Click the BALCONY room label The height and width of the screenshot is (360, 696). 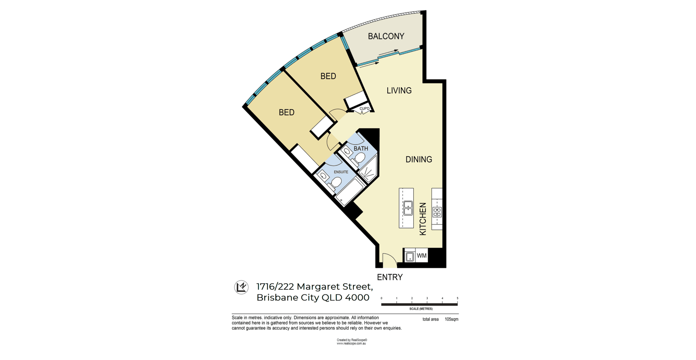(x=386, y=36)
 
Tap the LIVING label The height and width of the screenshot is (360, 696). (x=399, y=91)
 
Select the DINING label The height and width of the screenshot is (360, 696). (x=419, y=159)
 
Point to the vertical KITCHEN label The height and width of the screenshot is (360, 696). (x=423, y=219)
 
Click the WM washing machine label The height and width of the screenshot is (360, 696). (x=422, y=256)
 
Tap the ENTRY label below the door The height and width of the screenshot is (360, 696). (x=390, y=277)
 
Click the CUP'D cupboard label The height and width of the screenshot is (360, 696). (x=364, y=109)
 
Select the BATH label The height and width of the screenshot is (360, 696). (x=361, y=148)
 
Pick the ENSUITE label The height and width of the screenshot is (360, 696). (x=341, y=172)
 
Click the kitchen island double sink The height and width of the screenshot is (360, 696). (x=408, y=208)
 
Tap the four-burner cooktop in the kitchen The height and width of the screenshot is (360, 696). (x=437, y=212)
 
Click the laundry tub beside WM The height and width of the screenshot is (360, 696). (x=409, y=256)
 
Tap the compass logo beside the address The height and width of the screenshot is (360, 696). (x=241, y=287)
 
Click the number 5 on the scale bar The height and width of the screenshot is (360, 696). (x=457, y=298)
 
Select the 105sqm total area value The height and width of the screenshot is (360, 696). (x=451, y=319)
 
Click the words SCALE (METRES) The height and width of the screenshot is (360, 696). (x=421, y=309)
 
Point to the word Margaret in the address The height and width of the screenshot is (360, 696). (x=318, y=287)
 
